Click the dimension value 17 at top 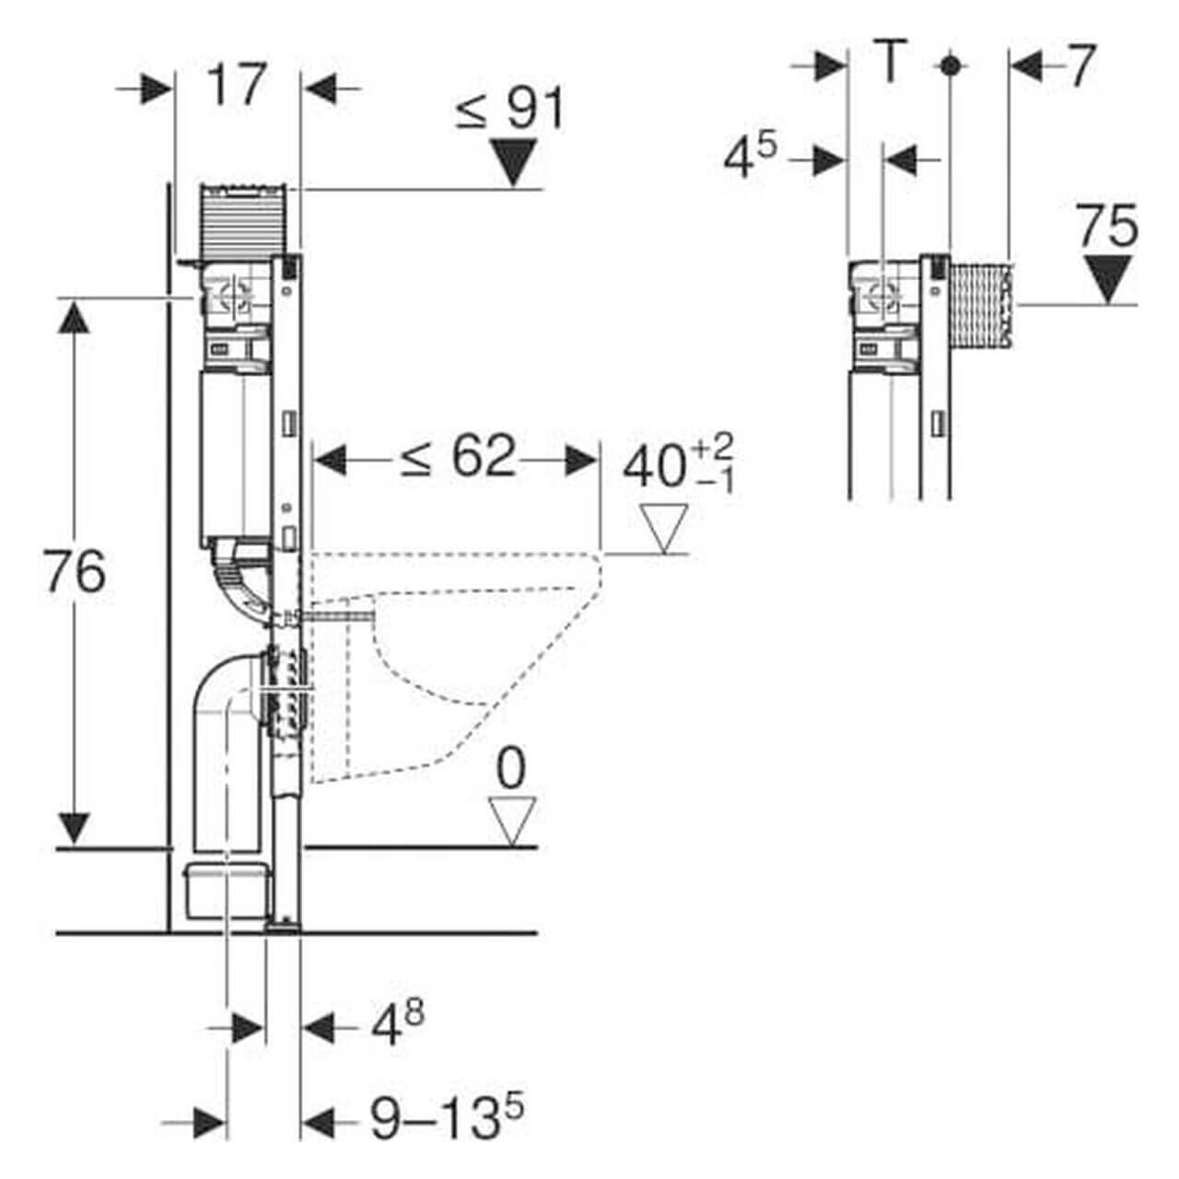[236, 86]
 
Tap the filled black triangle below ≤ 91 [514, 162]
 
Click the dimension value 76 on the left [75, 572]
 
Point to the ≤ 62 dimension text [457, 458]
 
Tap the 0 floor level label [511, 769]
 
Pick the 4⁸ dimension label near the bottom [397, 1024]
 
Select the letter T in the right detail [889, 64]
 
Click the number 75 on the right [1108, 227]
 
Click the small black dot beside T [950, 65]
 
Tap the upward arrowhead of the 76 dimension [76, 318]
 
